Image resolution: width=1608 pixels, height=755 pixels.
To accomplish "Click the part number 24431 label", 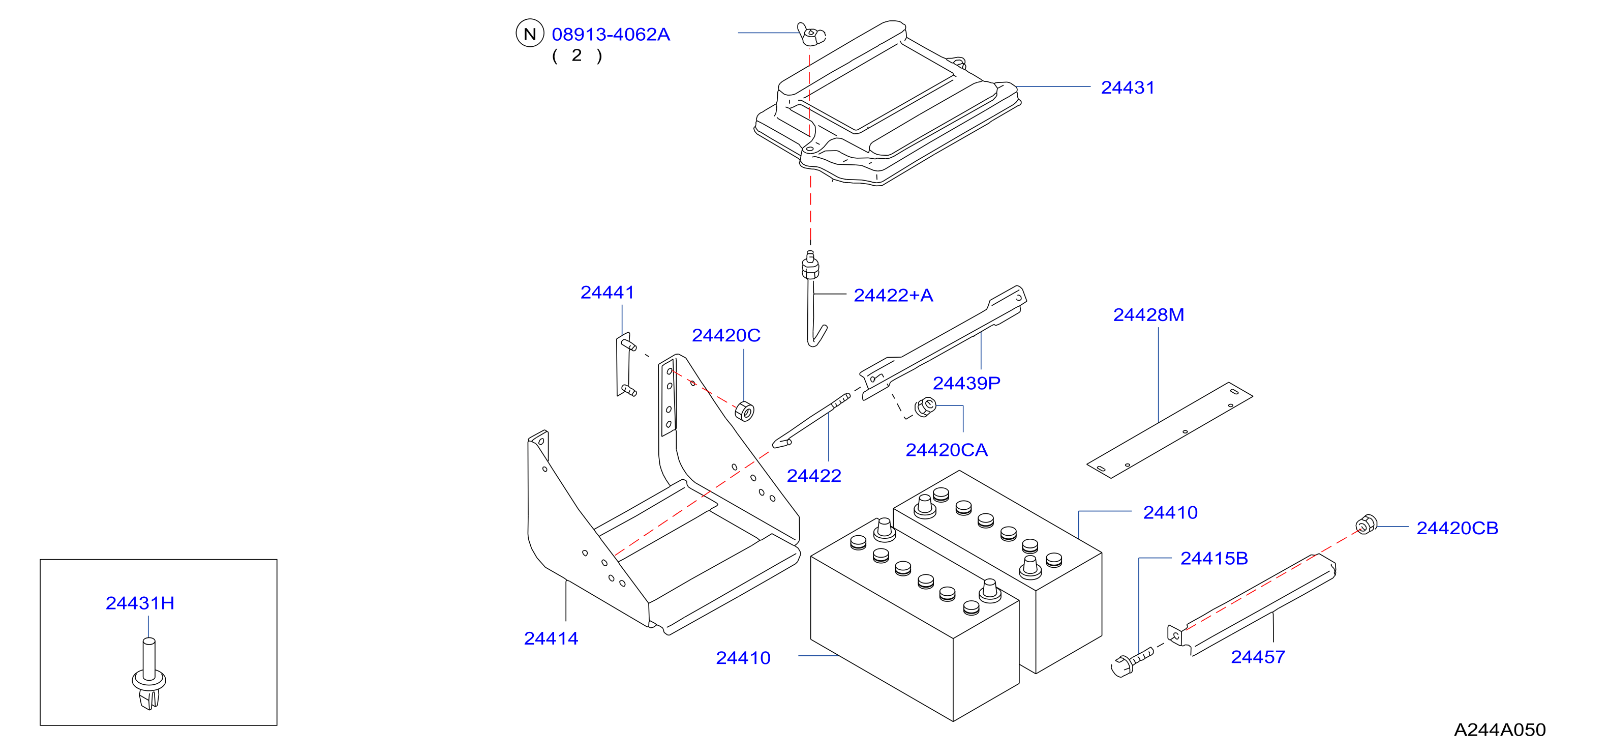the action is tap(1128, 88).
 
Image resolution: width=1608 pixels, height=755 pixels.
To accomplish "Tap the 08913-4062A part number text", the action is tap(611, 35).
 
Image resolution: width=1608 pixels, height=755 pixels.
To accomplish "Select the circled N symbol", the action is tap(529, 34).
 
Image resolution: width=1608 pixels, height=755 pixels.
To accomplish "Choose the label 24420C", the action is tap(726, 335).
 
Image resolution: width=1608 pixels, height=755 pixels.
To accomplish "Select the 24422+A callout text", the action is tap(893, 296).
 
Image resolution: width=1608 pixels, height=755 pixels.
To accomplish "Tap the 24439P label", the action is tap(966, 383).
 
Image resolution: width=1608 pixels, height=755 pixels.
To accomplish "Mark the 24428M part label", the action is tap(1148, 315).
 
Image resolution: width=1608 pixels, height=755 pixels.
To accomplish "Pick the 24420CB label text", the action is tap(1457, 528).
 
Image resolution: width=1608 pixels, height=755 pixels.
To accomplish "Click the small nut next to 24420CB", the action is tap(1367, 525).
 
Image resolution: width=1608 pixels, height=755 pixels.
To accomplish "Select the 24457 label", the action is tap(1258, 657).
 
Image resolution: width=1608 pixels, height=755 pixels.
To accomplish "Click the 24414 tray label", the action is tap(551, 638).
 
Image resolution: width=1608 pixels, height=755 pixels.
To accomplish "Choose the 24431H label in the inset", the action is tap(140, 603).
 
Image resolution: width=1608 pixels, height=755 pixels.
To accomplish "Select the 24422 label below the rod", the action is tap(813, 476).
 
